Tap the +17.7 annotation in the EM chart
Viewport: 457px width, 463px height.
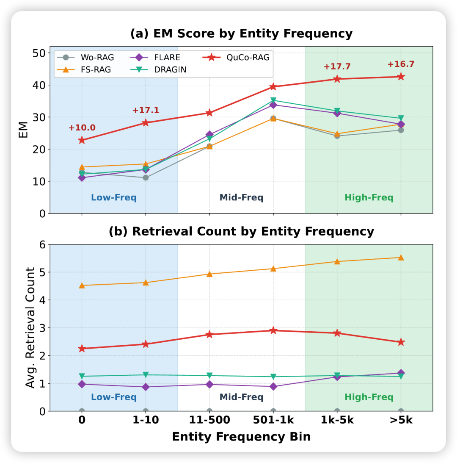[337, 67]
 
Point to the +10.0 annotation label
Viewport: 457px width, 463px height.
[82, 128]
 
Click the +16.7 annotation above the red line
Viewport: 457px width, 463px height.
[401, 64]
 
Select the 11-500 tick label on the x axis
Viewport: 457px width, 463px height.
[209, 420]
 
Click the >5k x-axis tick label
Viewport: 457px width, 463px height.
[401, 420]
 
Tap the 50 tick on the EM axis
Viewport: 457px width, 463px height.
[40, 53]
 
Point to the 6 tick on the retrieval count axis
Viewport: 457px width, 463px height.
[43, 244]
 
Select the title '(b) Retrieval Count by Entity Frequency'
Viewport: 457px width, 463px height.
[241, 231]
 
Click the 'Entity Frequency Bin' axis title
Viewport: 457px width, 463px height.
[241, 437]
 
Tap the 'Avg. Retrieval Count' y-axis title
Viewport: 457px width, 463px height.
[30, 327]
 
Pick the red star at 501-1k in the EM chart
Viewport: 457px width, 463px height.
[273, 87]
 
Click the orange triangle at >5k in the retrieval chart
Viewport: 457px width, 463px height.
[401, 257]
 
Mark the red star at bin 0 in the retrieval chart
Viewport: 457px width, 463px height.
[82, 349]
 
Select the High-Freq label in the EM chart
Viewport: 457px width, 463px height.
[369, 197]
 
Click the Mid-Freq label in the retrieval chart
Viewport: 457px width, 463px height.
[241, 397]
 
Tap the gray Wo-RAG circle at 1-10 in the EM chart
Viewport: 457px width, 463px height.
[146, 177]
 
